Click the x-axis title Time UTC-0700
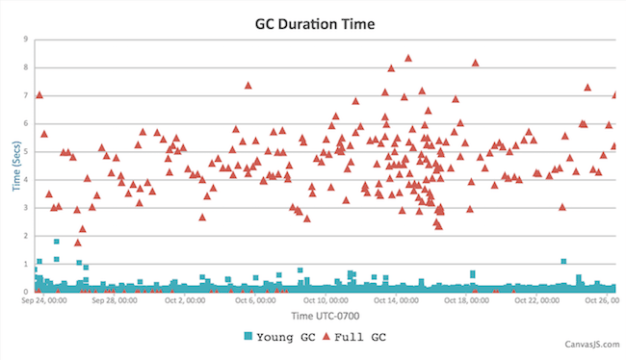(314, 316)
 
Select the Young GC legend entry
(279, 337)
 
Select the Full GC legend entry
(354, 337)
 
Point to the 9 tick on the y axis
(25, 39)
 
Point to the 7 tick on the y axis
(25, 95)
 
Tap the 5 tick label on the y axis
(25, 151)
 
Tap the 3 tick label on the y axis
(25, 207)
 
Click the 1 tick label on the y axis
(25, 263)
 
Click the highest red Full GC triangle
(408, 59)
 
